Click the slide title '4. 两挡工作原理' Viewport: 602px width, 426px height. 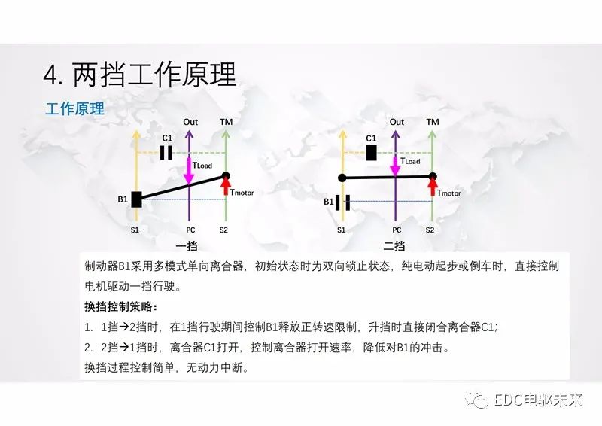[140, 75]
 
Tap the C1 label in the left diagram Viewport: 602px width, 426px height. [167, 138]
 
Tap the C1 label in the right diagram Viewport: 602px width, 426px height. [371, 138]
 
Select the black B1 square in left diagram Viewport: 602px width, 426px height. [136, 199]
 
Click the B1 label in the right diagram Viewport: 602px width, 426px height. [329, 202]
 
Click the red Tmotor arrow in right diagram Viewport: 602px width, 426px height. [433, 187]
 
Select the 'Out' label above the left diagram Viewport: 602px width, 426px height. [190, 122]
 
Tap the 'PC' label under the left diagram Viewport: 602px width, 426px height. [190, 230]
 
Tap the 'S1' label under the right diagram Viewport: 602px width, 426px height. [341, 230]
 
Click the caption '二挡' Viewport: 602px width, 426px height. [394, 245]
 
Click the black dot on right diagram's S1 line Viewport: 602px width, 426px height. [342, 178]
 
